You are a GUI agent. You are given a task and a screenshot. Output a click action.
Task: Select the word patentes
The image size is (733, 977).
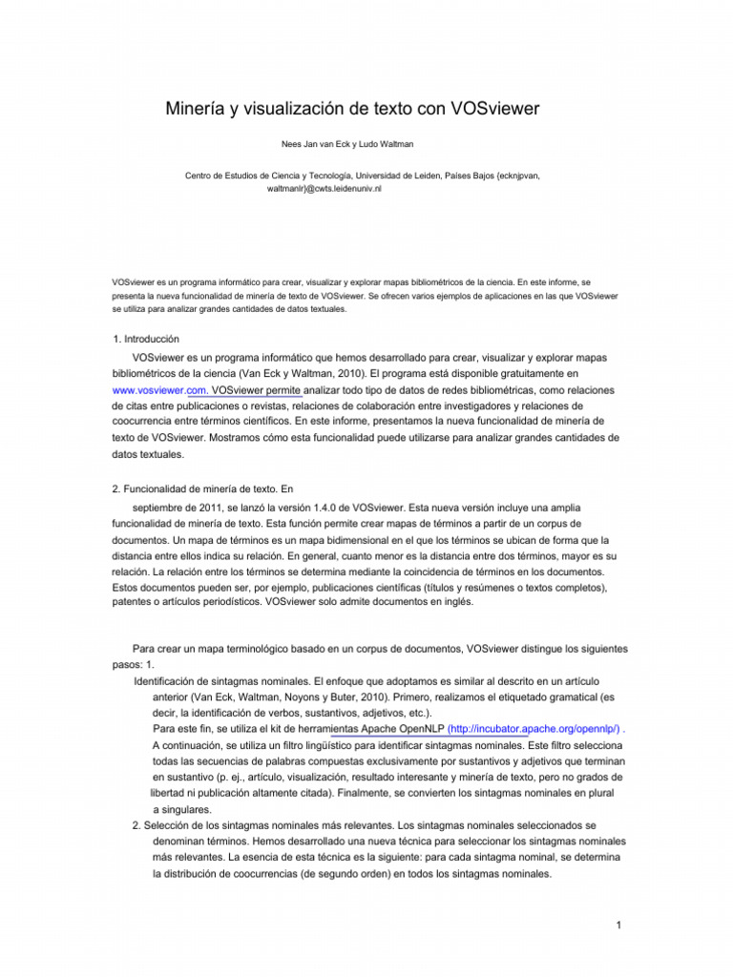coord(135,603)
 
